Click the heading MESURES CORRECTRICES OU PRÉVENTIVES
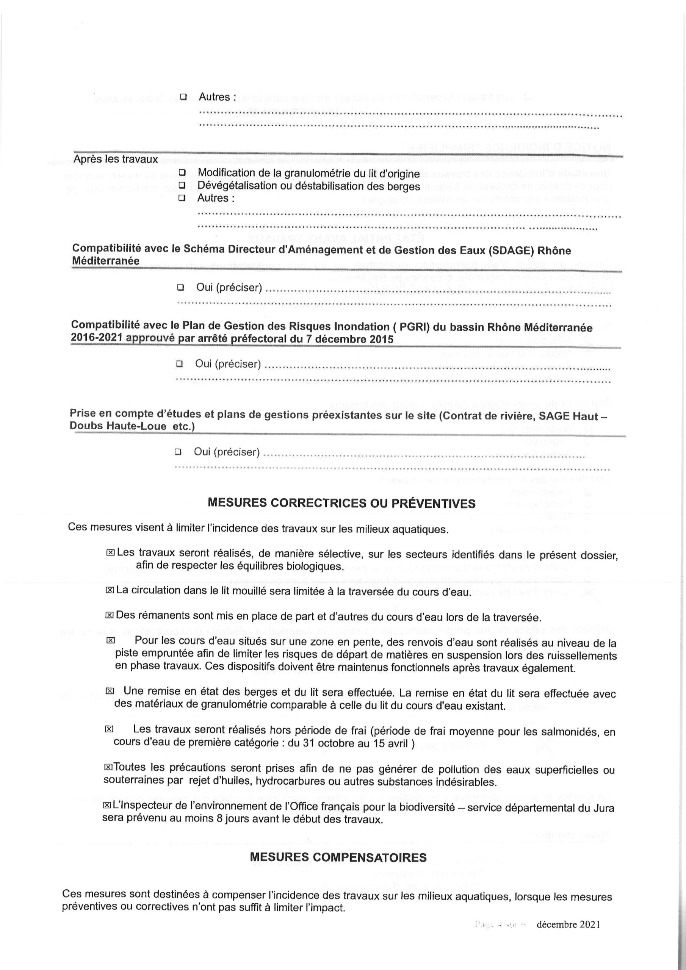(x=341, y=503)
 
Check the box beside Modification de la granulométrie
(x=182, y=173)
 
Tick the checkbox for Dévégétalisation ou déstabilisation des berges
(x=182, y=185)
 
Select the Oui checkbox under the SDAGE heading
(x=180, y=288)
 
